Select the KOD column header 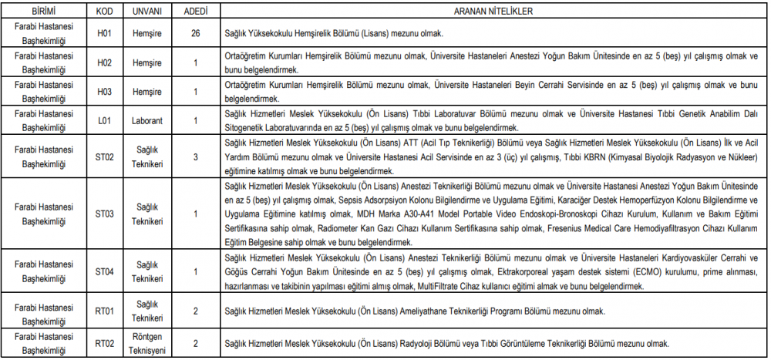tap(105, 12)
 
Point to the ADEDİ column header tap(196, 12)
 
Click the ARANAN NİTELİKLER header tap(494, 12)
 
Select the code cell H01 tap(105, 34)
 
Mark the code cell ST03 tap(105, 214)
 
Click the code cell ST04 tap(105, 271)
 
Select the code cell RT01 tap(105, 311)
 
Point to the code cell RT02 tap(105, 343)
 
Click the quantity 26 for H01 tap(196, 34)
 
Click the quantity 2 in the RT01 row tap(196, 311)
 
